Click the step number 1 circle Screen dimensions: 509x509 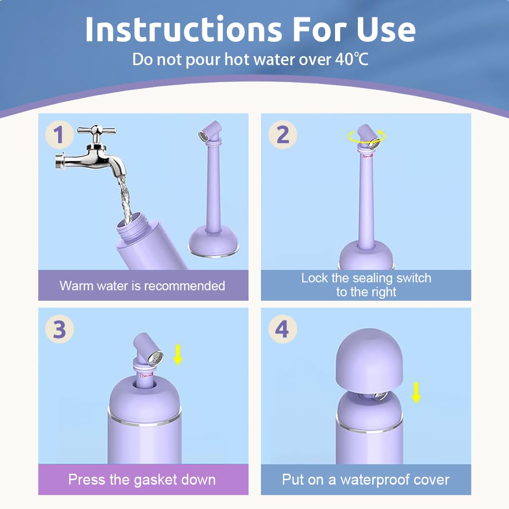click(59, 135)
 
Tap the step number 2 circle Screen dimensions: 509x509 click(282, 135)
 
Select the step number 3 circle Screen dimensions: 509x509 click(59, 330)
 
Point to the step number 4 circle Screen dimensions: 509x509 click(282, 330)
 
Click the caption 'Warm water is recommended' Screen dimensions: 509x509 click(142, 286)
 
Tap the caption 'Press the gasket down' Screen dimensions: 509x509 click(142, 480)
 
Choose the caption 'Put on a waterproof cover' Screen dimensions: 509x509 click(366, 480)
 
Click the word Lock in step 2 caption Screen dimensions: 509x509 click(313, 278)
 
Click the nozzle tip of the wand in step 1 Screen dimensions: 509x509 click(203, 135)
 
